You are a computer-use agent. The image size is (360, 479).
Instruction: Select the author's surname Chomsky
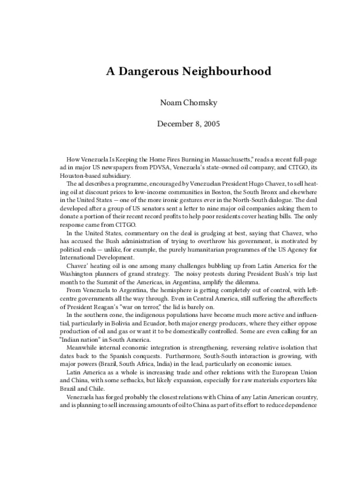[x=201, y=103]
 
